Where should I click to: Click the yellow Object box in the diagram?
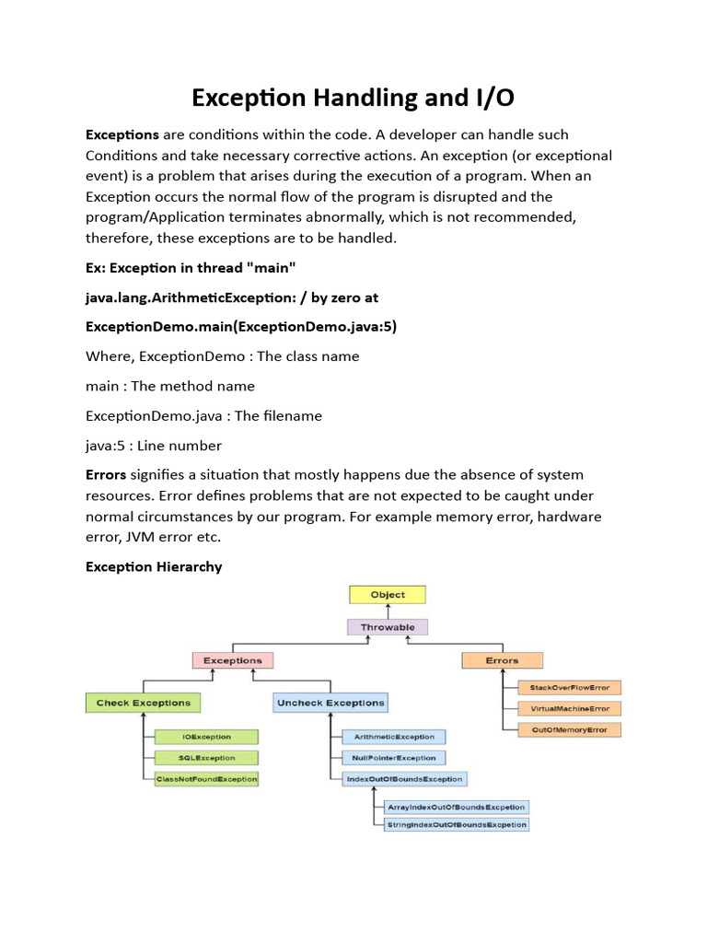pos(388,595)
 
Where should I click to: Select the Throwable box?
pos(388,627)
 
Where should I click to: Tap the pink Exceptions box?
pos(233,660)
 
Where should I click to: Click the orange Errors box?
pos(502,660)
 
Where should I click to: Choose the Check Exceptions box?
pos(143,703)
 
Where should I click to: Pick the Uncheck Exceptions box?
pos(330,703)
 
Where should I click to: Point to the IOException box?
pos(206,737)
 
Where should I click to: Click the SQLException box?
pos(206,758)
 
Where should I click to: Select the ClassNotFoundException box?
pos(206,779)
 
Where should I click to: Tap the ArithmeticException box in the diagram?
pos(394,737)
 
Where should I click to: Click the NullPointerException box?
pos(394,758)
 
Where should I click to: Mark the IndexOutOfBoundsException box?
pos(404,779)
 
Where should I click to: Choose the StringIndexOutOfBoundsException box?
pos(458,824)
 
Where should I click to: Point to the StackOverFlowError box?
pos(569,687)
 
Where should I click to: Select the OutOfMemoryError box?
pos(569,729)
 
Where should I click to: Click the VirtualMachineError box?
pos(569,708)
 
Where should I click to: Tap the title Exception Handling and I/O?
pos(353,99)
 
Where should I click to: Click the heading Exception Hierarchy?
pos(154,566)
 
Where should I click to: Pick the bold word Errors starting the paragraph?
pos(106,475)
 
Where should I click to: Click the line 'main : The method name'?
pos(170,386)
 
